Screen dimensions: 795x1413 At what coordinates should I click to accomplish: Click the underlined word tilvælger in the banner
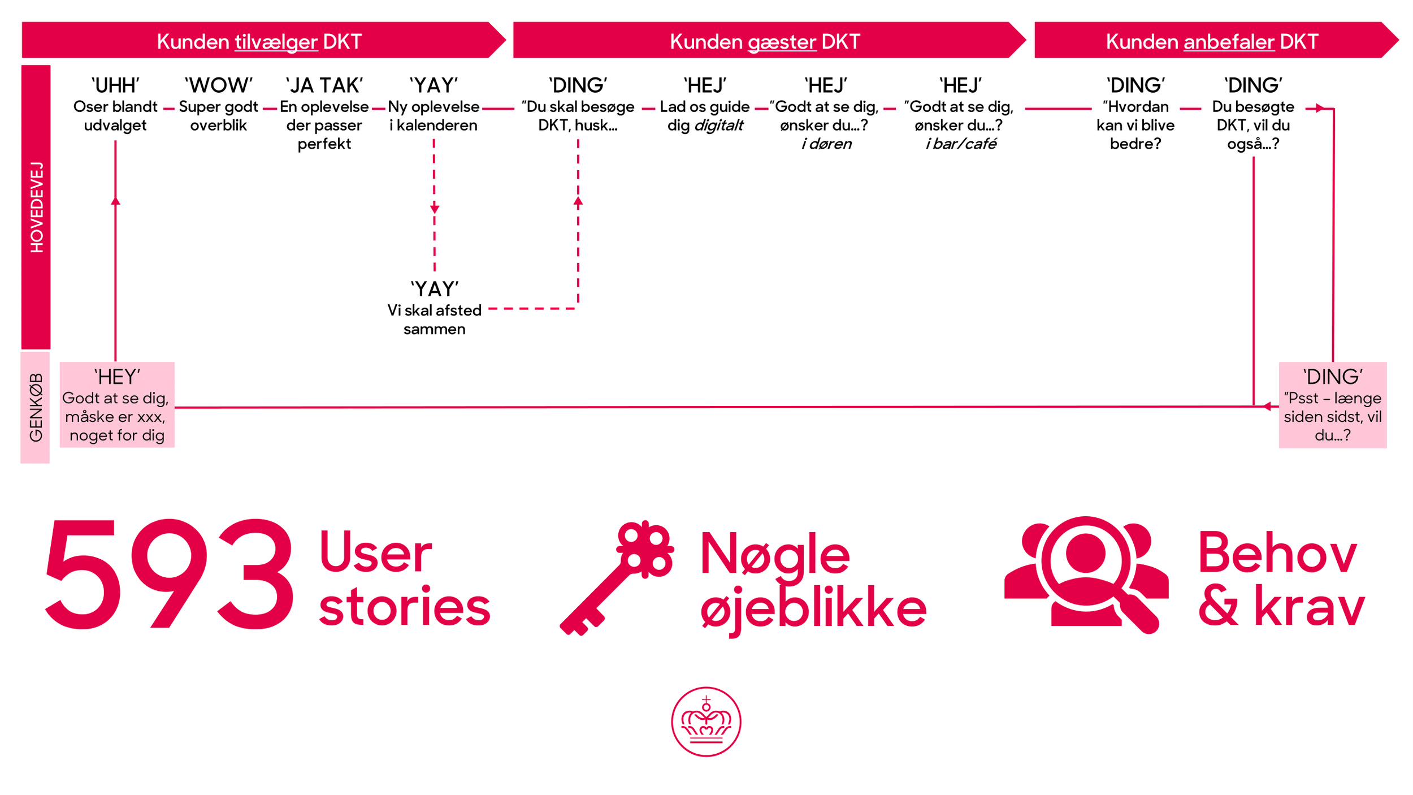coord(276,42)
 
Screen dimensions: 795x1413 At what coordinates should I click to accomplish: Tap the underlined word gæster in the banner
coord(782,42)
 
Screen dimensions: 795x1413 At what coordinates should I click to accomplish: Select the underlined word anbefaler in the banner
coord(1229,42)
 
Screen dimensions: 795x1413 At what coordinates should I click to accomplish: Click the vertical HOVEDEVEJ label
coord(36,207)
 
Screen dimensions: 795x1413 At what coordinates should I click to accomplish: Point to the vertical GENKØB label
coord(36,407)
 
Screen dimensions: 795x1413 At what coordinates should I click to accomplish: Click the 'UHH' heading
coord(115,85)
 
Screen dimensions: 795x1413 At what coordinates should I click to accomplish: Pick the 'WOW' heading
coord(219,85)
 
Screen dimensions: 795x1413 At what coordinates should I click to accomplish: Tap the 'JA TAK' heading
coord(324,85)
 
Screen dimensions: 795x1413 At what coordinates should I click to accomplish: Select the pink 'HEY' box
coord(117,405)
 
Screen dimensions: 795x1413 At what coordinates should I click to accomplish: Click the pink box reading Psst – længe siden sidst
coord(1332,405)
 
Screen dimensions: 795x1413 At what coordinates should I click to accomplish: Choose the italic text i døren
coord(826,144)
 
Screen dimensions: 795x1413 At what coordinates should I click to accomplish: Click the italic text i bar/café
coord(961,144)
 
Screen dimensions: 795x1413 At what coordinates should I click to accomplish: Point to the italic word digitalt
coord(718,126)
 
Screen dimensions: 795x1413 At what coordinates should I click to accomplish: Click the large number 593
coord(170,574)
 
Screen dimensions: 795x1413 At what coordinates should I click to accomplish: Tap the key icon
coord(616,577)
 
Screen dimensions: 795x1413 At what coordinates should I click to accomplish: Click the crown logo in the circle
coord(706,721)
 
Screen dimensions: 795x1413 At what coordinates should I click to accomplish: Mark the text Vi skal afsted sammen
coord(434,319)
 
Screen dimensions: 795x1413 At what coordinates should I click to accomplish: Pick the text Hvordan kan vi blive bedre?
coord(1135,126)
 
